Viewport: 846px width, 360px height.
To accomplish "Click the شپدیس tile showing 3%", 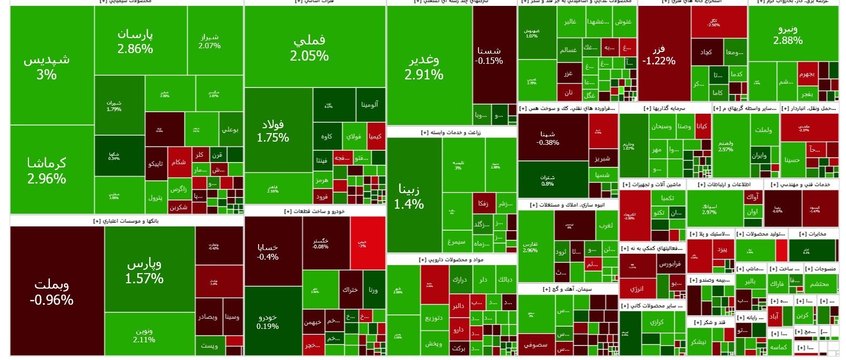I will pyautogui.click(x=47, y=67).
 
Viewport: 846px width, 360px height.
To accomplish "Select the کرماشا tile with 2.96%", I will pyautogui.click(x=47, y=170).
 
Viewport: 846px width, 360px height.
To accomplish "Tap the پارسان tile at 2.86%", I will pyautogui.click(x=135, y=41).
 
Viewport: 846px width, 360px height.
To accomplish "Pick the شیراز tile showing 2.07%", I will pyautogui.click(x=209, y=41).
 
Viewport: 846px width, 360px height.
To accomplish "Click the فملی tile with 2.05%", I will pyautogui.click(x=310, y=47).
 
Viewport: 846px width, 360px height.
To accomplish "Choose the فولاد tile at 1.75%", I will pyautogui.click(x=273, y=130).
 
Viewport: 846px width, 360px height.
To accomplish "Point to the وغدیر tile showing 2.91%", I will pyautogui.click(x=424, y=67).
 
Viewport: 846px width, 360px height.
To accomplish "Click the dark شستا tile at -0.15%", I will pyautogui.click(x=489, y=55).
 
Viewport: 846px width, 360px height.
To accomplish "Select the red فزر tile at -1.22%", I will pyautogui.click(x=659, y=55).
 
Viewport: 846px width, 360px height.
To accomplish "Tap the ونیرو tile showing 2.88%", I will pyautogui.click(x=788, y=34).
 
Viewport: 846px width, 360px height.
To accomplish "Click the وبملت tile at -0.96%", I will pyautogui.click(x=52, y=291).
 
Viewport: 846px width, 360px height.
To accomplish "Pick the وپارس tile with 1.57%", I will pyautogui.click(x=144, y=270).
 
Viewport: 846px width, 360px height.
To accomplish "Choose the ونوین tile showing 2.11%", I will pyautogui.click(x=144, y=335).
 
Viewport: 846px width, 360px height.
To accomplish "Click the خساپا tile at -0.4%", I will pyautogui.click(x=268, y=252).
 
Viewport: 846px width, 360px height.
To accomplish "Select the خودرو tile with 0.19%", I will pyautogui.click(x=267, y=322).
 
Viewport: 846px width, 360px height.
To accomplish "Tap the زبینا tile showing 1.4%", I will pyautogui.click(x=409, y=196).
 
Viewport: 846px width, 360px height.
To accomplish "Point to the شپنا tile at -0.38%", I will pyautogui.click(x=548, y=138).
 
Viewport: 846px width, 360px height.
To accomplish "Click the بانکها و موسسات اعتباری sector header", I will pyautogui.click(x=126, y=221).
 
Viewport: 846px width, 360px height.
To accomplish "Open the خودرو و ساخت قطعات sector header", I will pyautogui.click(x=314, y=211).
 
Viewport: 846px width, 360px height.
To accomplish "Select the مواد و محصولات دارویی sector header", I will pyautogui.click(x=451, y=260).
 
